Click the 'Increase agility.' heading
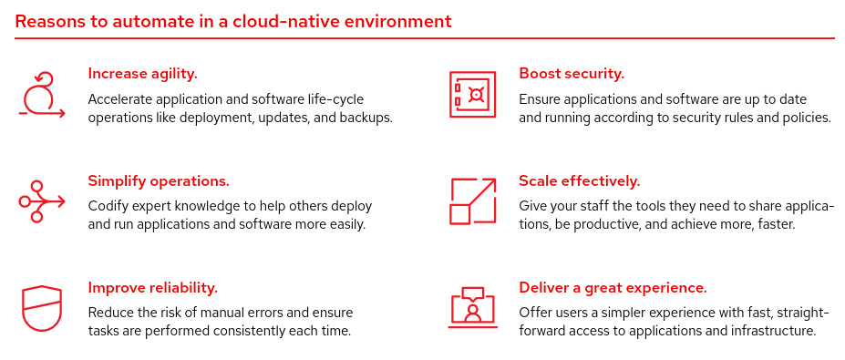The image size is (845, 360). click(x=142, y=74)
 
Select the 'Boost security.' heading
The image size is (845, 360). click(x=572, y=74)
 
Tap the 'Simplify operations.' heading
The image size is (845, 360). click(x=159, y=180)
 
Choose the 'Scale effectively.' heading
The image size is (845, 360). click(x=580, y=180)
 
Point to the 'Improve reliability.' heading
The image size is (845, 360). click(x=152, y=288)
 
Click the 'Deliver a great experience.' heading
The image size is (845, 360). click(x=613, y=288)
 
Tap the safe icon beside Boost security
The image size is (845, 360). click(x=472, y=95)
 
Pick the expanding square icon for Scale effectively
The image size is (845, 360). click(x=472, y=201)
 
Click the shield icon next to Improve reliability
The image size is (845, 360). click(x=41, y=308)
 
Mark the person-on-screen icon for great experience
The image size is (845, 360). click(x=472, y=308)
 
